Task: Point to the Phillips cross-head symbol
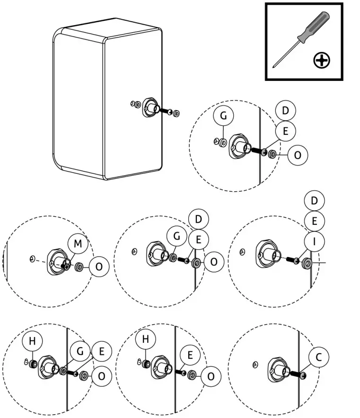click(322, 60)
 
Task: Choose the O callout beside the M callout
click(99, 267)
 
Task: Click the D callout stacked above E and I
click(315, 201)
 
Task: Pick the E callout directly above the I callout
click(315, 221)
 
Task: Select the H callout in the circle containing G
click(32, 341)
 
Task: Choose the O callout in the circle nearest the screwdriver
click(298, 155)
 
